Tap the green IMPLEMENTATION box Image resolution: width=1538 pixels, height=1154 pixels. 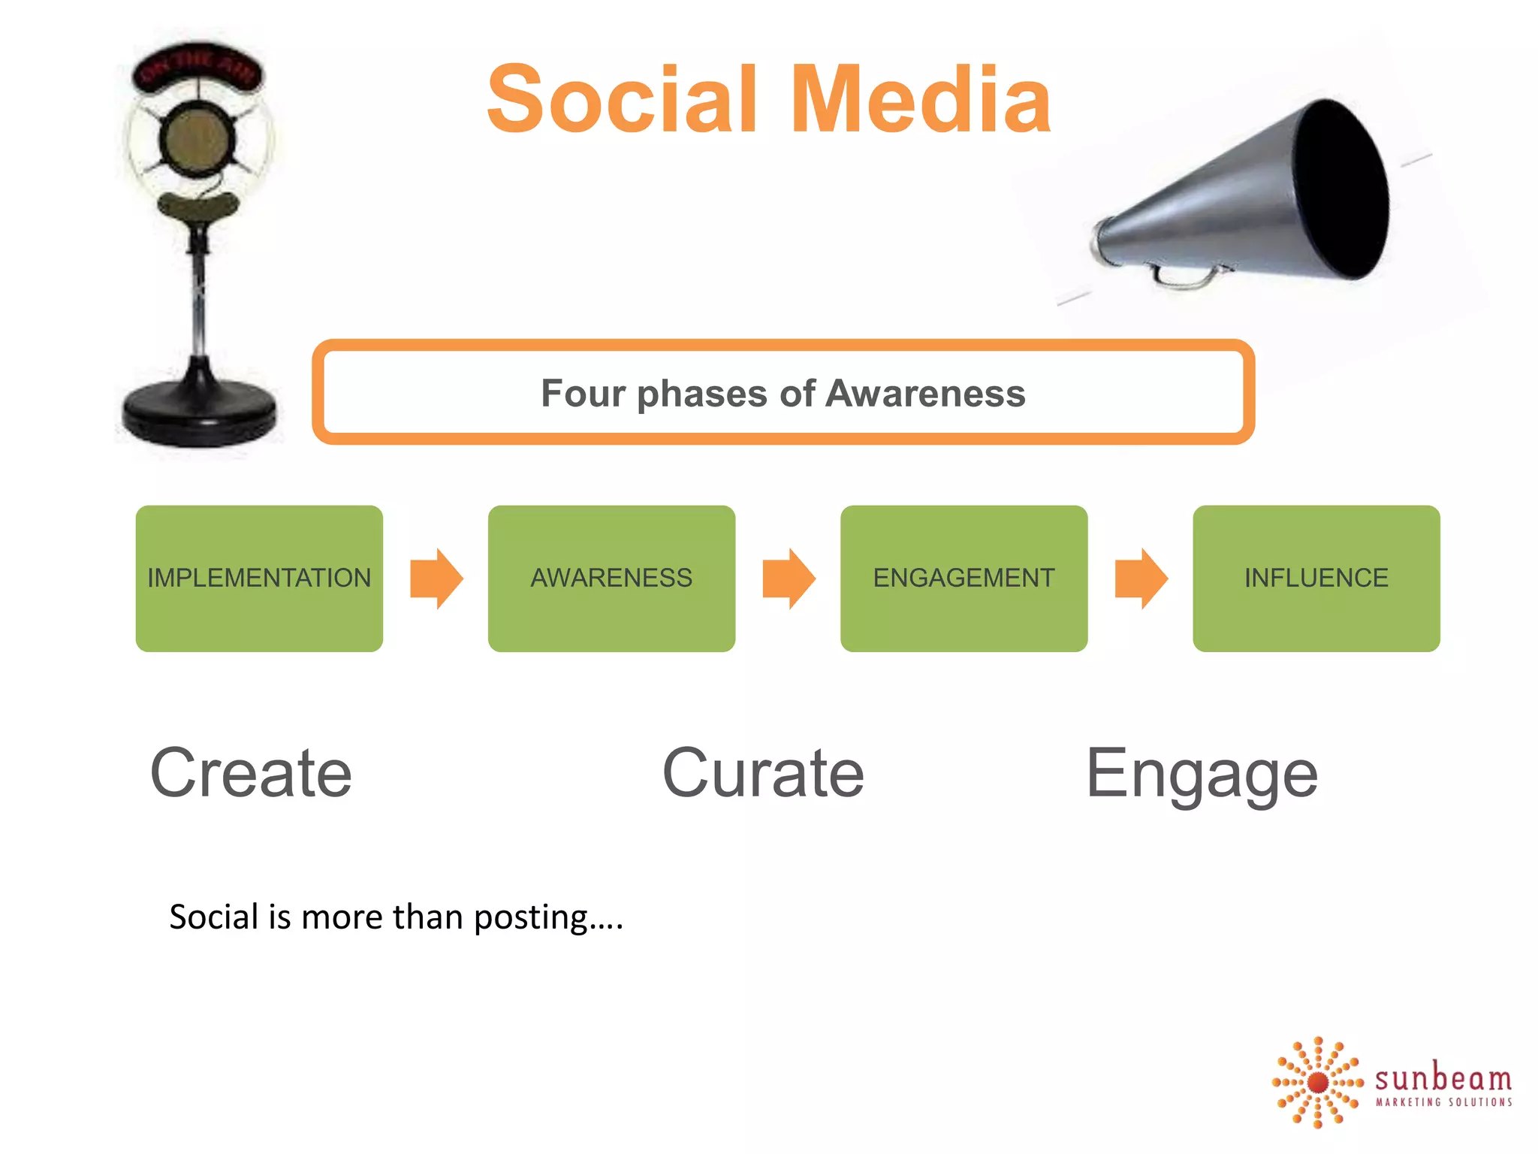pyautogui.click(x=259, y=578)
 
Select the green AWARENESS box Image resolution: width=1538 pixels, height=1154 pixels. pyautogui.click(x=611, y=578)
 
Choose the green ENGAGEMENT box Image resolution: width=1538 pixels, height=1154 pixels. pyautogui.click(x=964, y=578)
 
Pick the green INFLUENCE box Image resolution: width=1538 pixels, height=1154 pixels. pyautogui.click(x=1316, y=578)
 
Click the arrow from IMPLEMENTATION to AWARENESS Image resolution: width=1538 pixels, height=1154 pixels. pyautogui.click(x=436, y=578)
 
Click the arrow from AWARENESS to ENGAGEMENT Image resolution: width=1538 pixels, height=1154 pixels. pyautogui.click(x=789, y=578)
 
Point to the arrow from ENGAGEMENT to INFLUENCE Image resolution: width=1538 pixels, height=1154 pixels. pyautogui.click(x=1141, y=578)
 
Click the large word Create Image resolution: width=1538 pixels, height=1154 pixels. pyautogui.click(x=251, y=774)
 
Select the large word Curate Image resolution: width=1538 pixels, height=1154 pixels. pyautogui.click(x=763, y=774)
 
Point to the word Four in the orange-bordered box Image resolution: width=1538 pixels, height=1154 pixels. pyautogui.click(x=583, y=394)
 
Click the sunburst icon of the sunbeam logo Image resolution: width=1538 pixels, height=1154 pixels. pyautogui.click(x=1318, y=1083)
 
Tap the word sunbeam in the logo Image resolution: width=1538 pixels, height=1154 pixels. pyautogui.click(x=1443, y=1079)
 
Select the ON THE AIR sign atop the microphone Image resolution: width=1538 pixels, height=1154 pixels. pyautogui.click(x=198, y=68)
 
